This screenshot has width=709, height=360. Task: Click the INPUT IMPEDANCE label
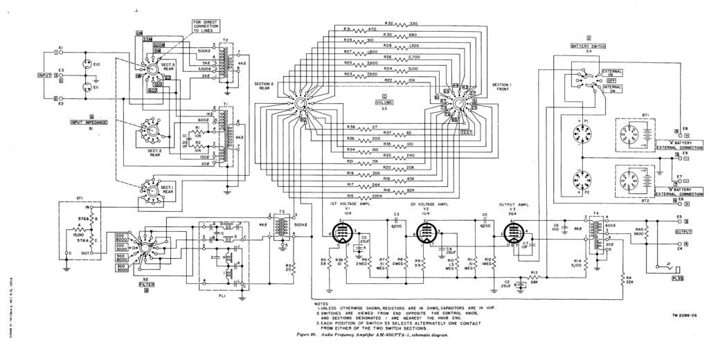point(86,123)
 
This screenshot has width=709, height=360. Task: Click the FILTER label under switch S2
point(146,284)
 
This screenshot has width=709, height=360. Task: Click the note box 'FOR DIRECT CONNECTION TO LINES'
point(205,26)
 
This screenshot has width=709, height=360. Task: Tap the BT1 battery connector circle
point(631,132)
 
